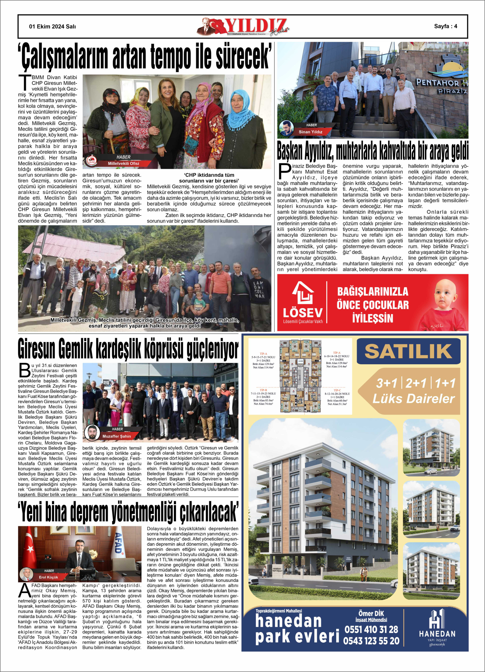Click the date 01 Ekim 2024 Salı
click(52, 27)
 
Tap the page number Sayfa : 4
click(445, 26)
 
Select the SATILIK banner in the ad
click(408, 351)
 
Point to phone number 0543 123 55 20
click(371, 641)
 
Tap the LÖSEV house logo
click(303, 293)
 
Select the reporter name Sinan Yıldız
click(310, 132)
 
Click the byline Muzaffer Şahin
click(116, 436)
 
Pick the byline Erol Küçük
click(48, 577)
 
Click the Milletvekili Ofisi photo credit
click(123, 164)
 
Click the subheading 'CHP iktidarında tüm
click(209, 175)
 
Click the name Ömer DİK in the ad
click(371, 613)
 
